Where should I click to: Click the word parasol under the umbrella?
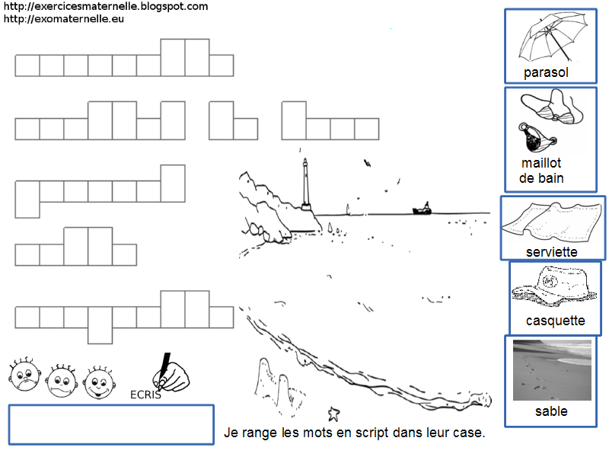point(547,73)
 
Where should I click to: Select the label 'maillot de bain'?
point(541,171)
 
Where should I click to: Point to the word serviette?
point(551,251)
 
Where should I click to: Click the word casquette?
point(555,321)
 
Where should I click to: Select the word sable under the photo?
point(551,412)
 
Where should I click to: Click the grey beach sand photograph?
point(552,370)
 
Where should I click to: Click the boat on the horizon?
point(422,208)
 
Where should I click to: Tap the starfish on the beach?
point(333,414)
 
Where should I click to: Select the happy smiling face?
point(98,379)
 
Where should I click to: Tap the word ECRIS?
point(145,395)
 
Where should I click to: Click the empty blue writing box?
point(111,424)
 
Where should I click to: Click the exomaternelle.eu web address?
point(63,18)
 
